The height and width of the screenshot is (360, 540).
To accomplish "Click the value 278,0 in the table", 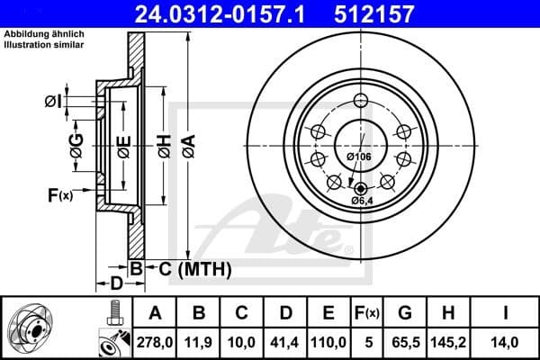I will tap(155, 342).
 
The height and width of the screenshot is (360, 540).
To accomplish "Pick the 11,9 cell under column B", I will tap(199, 342).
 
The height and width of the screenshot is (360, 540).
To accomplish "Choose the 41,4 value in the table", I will tap(284, 342).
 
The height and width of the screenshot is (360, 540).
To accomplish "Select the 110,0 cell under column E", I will tap(328, 342).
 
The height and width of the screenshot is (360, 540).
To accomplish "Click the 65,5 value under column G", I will tap(406, 342).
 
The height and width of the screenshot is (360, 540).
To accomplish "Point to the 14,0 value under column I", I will tap(508, 342).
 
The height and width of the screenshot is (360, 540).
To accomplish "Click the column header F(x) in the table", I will tap(367, 313).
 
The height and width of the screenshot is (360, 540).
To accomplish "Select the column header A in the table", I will tap(155, 313).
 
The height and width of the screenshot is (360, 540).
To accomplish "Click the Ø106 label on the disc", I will tap(359, 157).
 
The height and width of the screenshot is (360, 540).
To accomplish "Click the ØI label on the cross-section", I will tap(55, 102).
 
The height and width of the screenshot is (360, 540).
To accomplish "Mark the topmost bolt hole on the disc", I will tap(361, 100).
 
